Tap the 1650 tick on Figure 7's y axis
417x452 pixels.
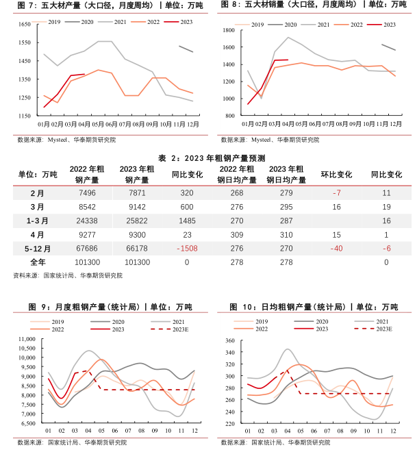coord(24,24)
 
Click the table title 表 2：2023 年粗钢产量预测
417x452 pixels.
coord(208,158)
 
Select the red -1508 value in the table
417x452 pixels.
coord(187,249)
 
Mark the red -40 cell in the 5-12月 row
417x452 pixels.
coord(336,249)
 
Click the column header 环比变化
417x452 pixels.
coord(336,175)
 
